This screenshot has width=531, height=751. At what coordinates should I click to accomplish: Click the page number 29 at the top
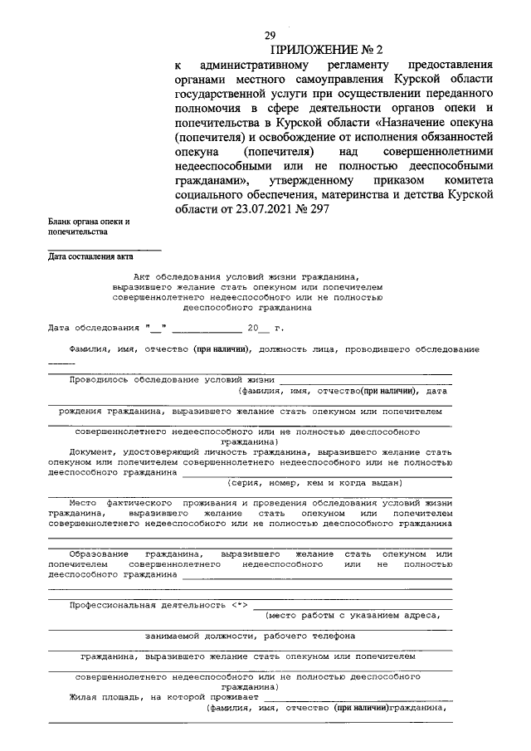coord(270,35)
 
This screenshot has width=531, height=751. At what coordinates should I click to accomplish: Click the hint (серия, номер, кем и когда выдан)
coord(304,482)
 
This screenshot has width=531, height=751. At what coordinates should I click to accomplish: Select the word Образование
coord(99,553)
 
